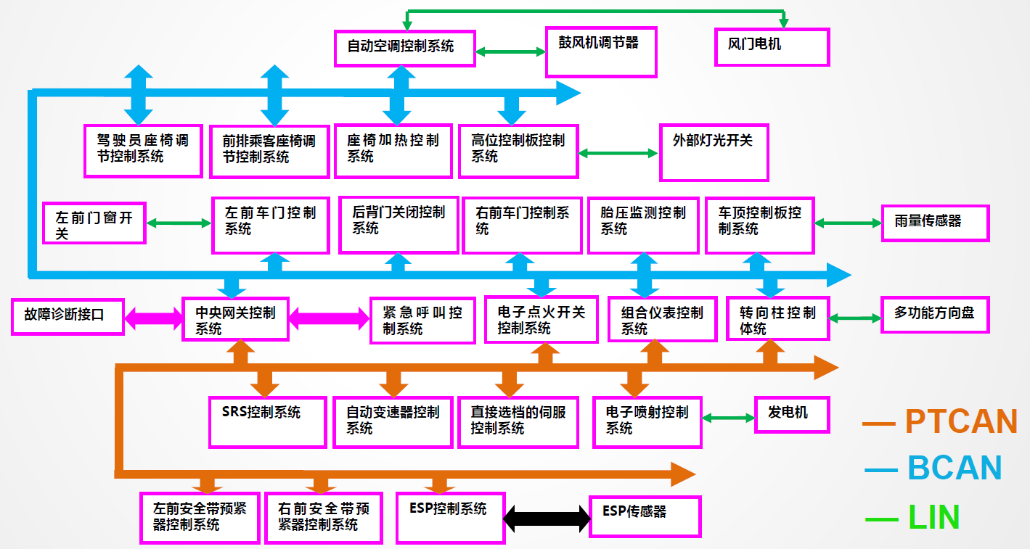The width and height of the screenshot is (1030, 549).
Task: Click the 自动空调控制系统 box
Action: click(x=405, y=49)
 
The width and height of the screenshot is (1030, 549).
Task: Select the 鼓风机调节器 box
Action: click(x=601, y=52)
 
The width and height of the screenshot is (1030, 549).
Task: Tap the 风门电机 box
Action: click(x=772, y=47)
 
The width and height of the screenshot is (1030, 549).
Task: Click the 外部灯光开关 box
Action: click(x=714, y=152)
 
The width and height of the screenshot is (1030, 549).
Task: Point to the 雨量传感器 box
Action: click(x=935, y=223)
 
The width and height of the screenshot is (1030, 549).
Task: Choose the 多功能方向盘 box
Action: click(x=935, y=314)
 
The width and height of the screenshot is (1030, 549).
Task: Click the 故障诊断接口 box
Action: click(x=68, y=316)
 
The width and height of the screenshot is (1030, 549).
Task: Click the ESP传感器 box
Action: click(x=645, y=516)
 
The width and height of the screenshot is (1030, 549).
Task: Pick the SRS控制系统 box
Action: click(x=267, y=421)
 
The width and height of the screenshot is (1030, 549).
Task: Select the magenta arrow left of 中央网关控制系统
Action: click(x=153, y=317)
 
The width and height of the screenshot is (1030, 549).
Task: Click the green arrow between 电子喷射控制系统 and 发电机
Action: click(x=729, y=418)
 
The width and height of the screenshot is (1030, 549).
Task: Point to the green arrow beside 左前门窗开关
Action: click(x=179, y=223)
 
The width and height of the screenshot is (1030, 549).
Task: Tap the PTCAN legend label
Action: click(x=960, y=421)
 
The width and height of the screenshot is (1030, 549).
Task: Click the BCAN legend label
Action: click(x=954, y=468)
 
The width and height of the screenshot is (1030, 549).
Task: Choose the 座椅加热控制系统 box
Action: click(x=393, y=151)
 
